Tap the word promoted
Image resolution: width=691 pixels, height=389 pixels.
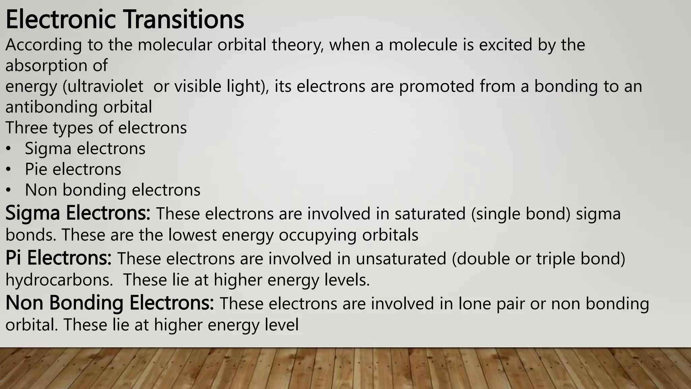[x=437, y=86]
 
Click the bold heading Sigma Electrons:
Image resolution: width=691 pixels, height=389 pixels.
[x=78, y=213]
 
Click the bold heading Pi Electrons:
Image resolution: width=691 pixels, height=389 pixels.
[x=58, y=258]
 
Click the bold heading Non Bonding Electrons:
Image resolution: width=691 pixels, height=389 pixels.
[x=110, y=303]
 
